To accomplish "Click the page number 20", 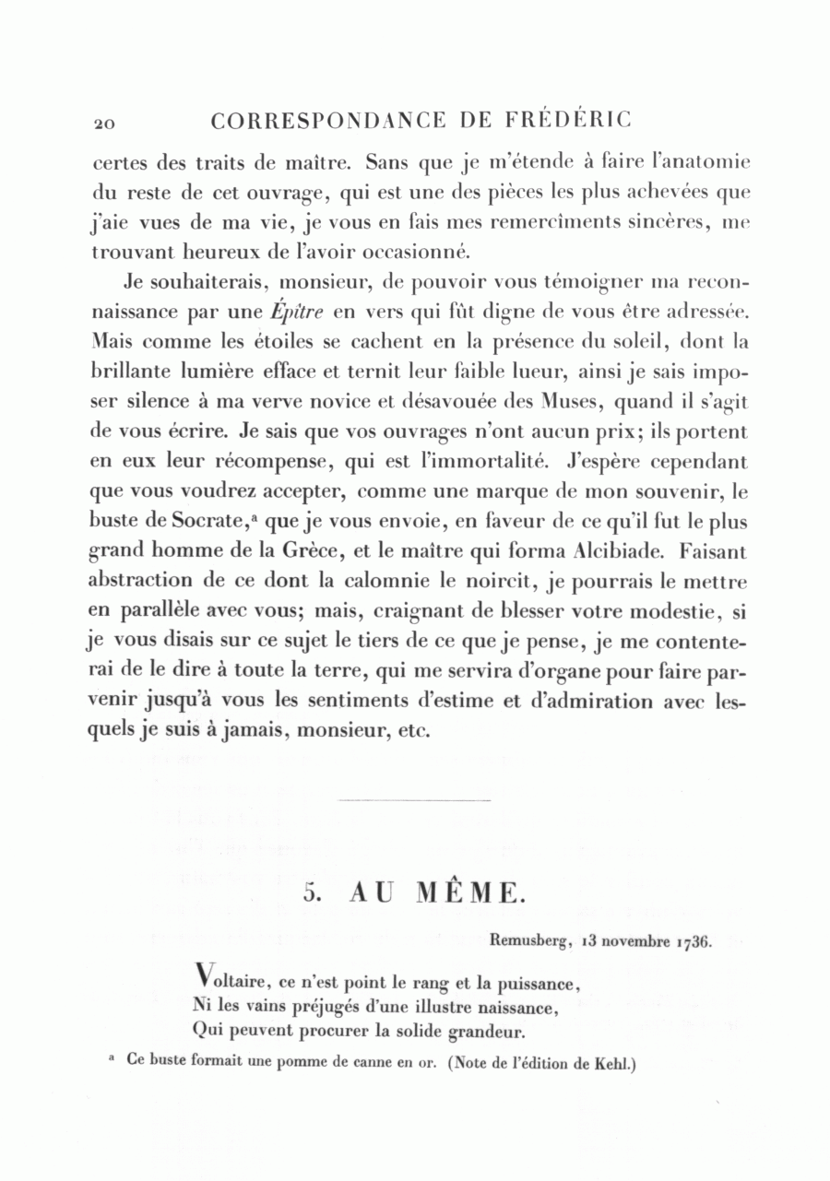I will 101,123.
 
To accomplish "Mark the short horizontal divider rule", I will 415,800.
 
